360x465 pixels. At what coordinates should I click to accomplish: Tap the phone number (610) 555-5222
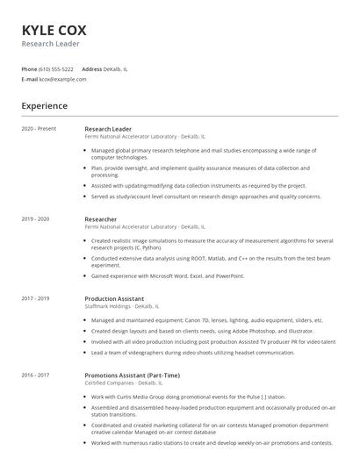56,68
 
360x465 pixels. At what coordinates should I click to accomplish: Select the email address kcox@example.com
62,79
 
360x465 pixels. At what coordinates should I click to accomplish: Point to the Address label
91,68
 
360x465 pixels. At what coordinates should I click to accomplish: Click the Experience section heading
44,106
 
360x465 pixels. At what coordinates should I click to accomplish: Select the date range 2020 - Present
39,129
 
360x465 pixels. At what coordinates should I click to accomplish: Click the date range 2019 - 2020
35,218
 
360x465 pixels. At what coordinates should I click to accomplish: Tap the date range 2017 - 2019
35,298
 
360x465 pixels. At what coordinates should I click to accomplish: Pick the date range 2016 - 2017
35,375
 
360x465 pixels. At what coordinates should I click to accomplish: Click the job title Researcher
100,218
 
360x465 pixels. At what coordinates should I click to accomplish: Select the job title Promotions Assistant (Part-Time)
133,375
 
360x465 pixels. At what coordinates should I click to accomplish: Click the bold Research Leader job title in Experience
108,129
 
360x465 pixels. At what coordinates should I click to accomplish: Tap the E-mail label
29,79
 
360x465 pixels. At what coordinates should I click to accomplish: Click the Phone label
29,68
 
